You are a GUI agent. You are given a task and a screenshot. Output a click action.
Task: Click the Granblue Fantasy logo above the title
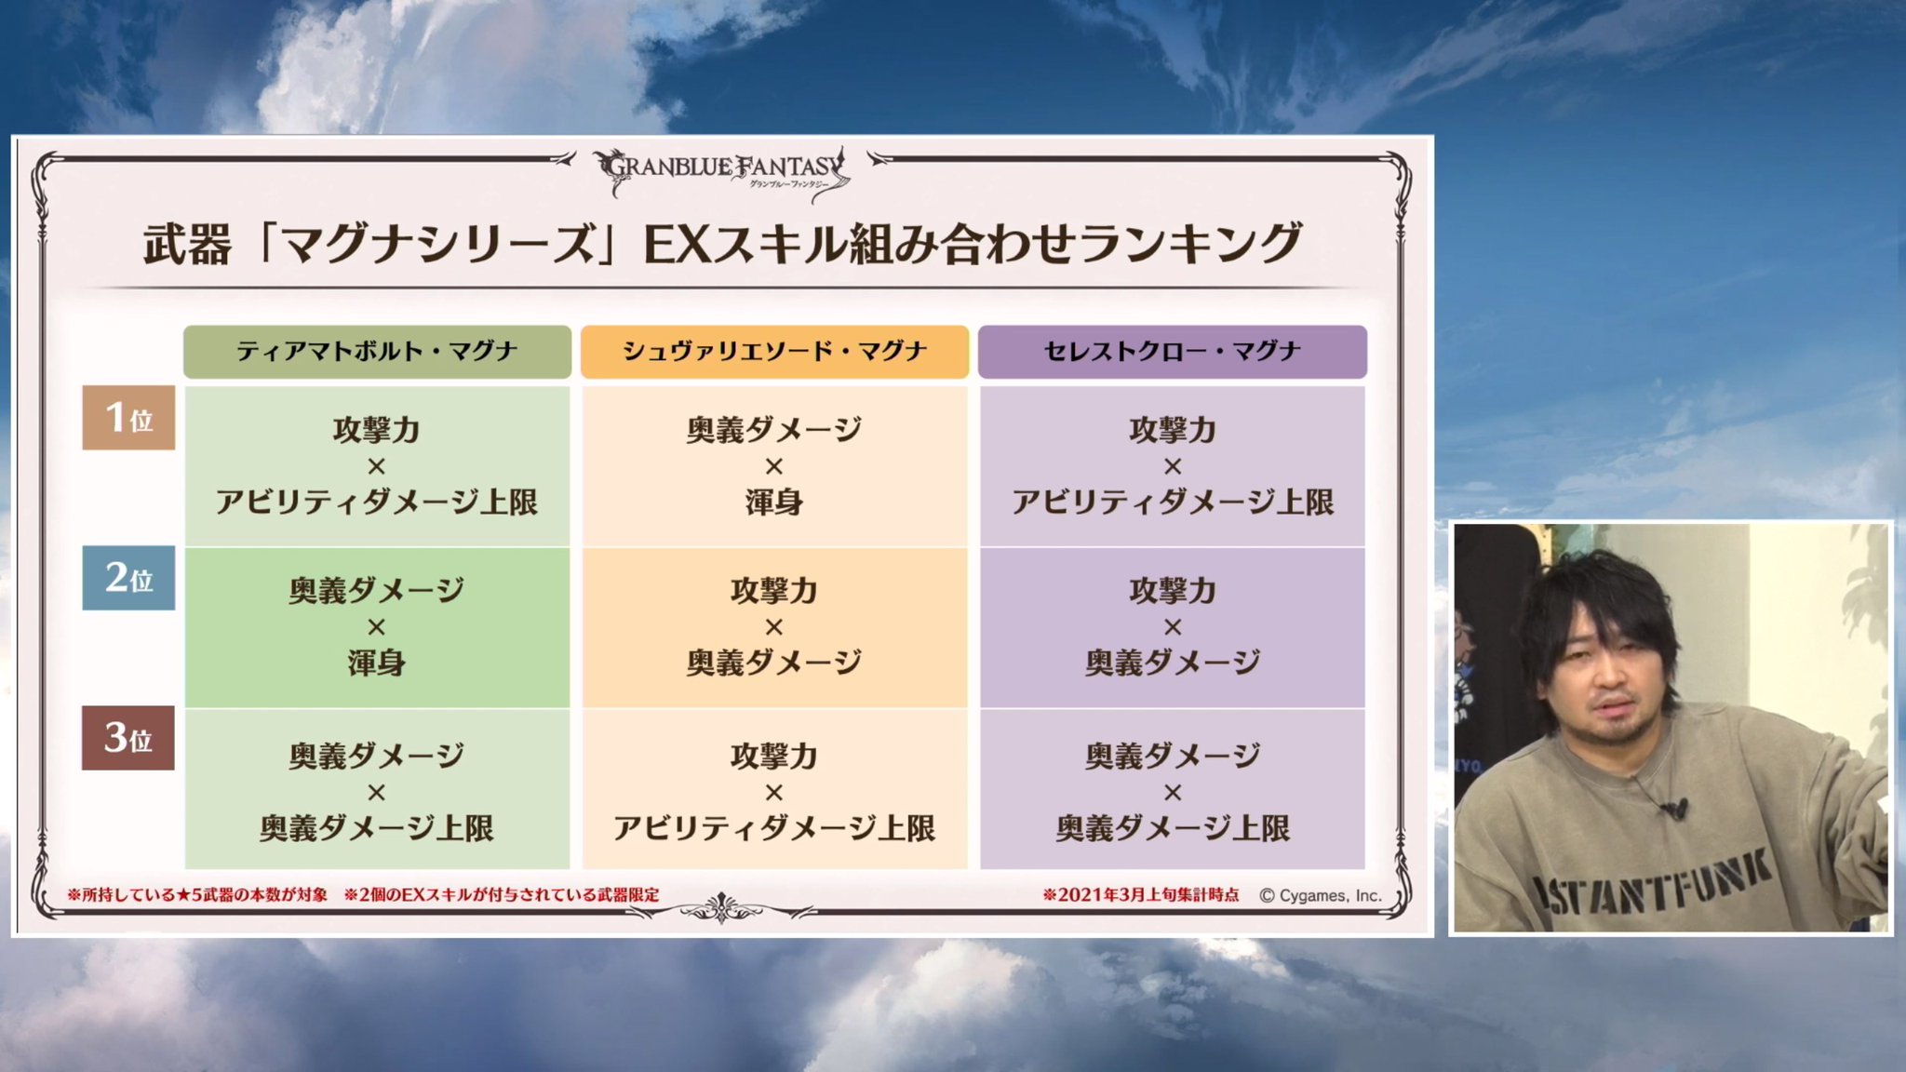pyautogui.click(x=722, y=171)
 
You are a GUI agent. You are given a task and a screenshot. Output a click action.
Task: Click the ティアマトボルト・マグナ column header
pyautogui.click(x=377, y=352)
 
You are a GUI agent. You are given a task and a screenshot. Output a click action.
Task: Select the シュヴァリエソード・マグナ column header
pyautogui.click(x=774, y=352)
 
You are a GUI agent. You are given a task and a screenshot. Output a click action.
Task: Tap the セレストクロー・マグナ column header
pyautogui.click(x=1172, y=352)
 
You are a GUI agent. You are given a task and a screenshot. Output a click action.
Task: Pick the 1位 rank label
pyautogui.click(x=128, y=418)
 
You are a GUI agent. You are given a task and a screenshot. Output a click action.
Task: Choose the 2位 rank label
pyautogui.click(x=128, y=578)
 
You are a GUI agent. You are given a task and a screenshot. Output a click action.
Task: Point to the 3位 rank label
pyautogui.click(x=128, y=738)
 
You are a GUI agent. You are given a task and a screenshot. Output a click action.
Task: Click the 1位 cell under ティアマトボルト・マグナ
pyautogui.click(x=377, y=465)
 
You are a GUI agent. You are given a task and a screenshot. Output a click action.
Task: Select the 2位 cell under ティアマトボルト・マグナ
pyautogui.click(x=377, y=626)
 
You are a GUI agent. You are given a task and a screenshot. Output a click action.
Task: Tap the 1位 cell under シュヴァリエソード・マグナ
pyautogui.click(x=774, y=465)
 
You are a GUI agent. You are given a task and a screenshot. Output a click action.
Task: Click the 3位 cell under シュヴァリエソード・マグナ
pyautogui.click(x=774, y=790)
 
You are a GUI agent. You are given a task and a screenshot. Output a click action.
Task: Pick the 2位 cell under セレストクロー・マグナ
pyautogui.click(x=1172, y=626)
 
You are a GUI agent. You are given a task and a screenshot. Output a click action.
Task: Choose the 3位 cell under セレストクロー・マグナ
pyautogui.click(x=1172, y=790)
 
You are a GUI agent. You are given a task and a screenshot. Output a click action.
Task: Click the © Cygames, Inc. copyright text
pyautogui.click(x=1320, y=895)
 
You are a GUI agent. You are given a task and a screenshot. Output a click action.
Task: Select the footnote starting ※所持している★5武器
pyautogui.click(x=197, y=895)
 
